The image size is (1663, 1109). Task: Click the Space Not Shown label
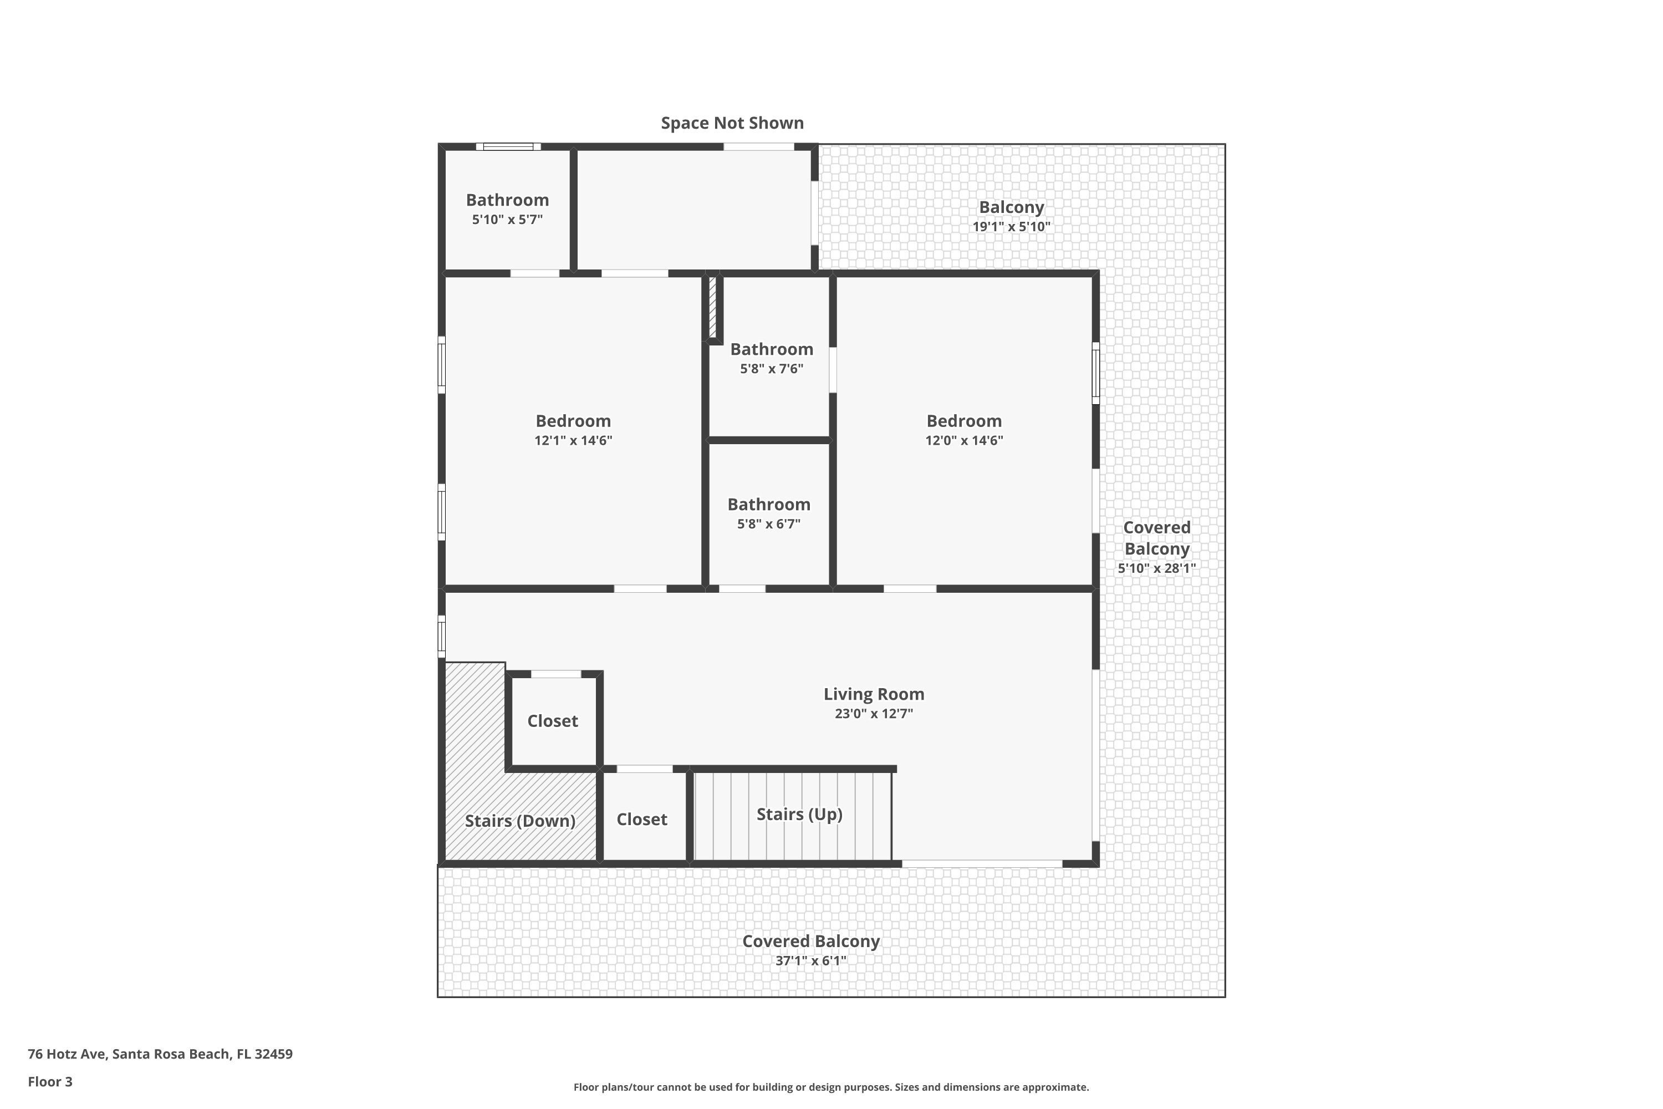pos(732,123)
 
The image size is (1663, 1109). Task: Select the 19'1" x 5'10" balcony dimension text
pos(1011,227)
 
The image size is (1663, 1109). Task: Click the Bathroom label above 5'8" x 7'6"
pos(772,349)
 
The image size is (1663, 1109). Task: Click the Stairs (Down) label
pos(520,821)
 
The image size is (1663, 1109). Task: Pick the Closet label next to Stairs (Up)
pos(641,819)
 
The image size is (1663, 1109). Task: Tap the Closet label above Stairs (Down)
pos(552,721)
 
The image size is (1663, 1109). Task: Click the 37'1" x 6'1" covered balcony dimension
pos(810,960)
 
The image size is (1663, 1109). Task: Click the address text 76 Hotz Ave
pos(160,1054)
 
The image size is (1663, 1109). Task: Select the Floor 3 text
pos(50,1081)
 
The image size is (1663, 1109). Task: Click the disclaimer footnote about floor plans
pos(831,1087)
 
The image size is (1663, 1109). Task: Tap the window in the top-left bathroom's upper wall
pos(508,146)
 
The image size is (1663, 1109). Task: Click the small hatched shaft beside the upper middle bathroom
pos(713,307)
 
